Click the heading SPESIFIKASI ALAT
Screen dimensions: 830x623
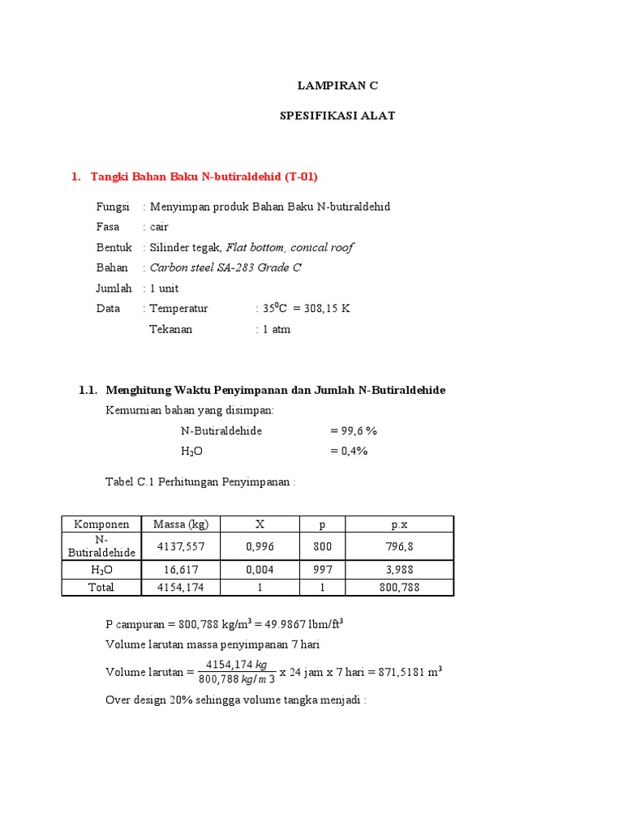click(337, 116)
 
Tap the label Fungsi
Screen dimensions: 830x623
click(113, 207)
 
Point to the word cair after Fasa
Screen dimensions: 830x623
click(159, 227)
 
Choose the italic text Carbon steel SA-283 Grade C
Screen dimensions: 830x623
click(226, 267)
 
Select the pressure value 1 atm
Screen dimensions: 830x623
click(276, 329)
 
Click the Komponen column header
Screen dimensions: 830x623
click(101, 524)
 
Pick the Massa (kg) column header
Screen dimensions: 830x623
click(181, 524)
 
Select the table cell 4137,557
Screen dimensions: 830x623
click(181, 546)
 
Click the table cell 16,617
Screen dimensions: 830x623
click(181, 570)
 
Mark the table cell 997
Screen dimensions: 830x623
click(322, 570)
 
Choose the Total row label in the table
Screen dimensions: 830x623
click(101, 588)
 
